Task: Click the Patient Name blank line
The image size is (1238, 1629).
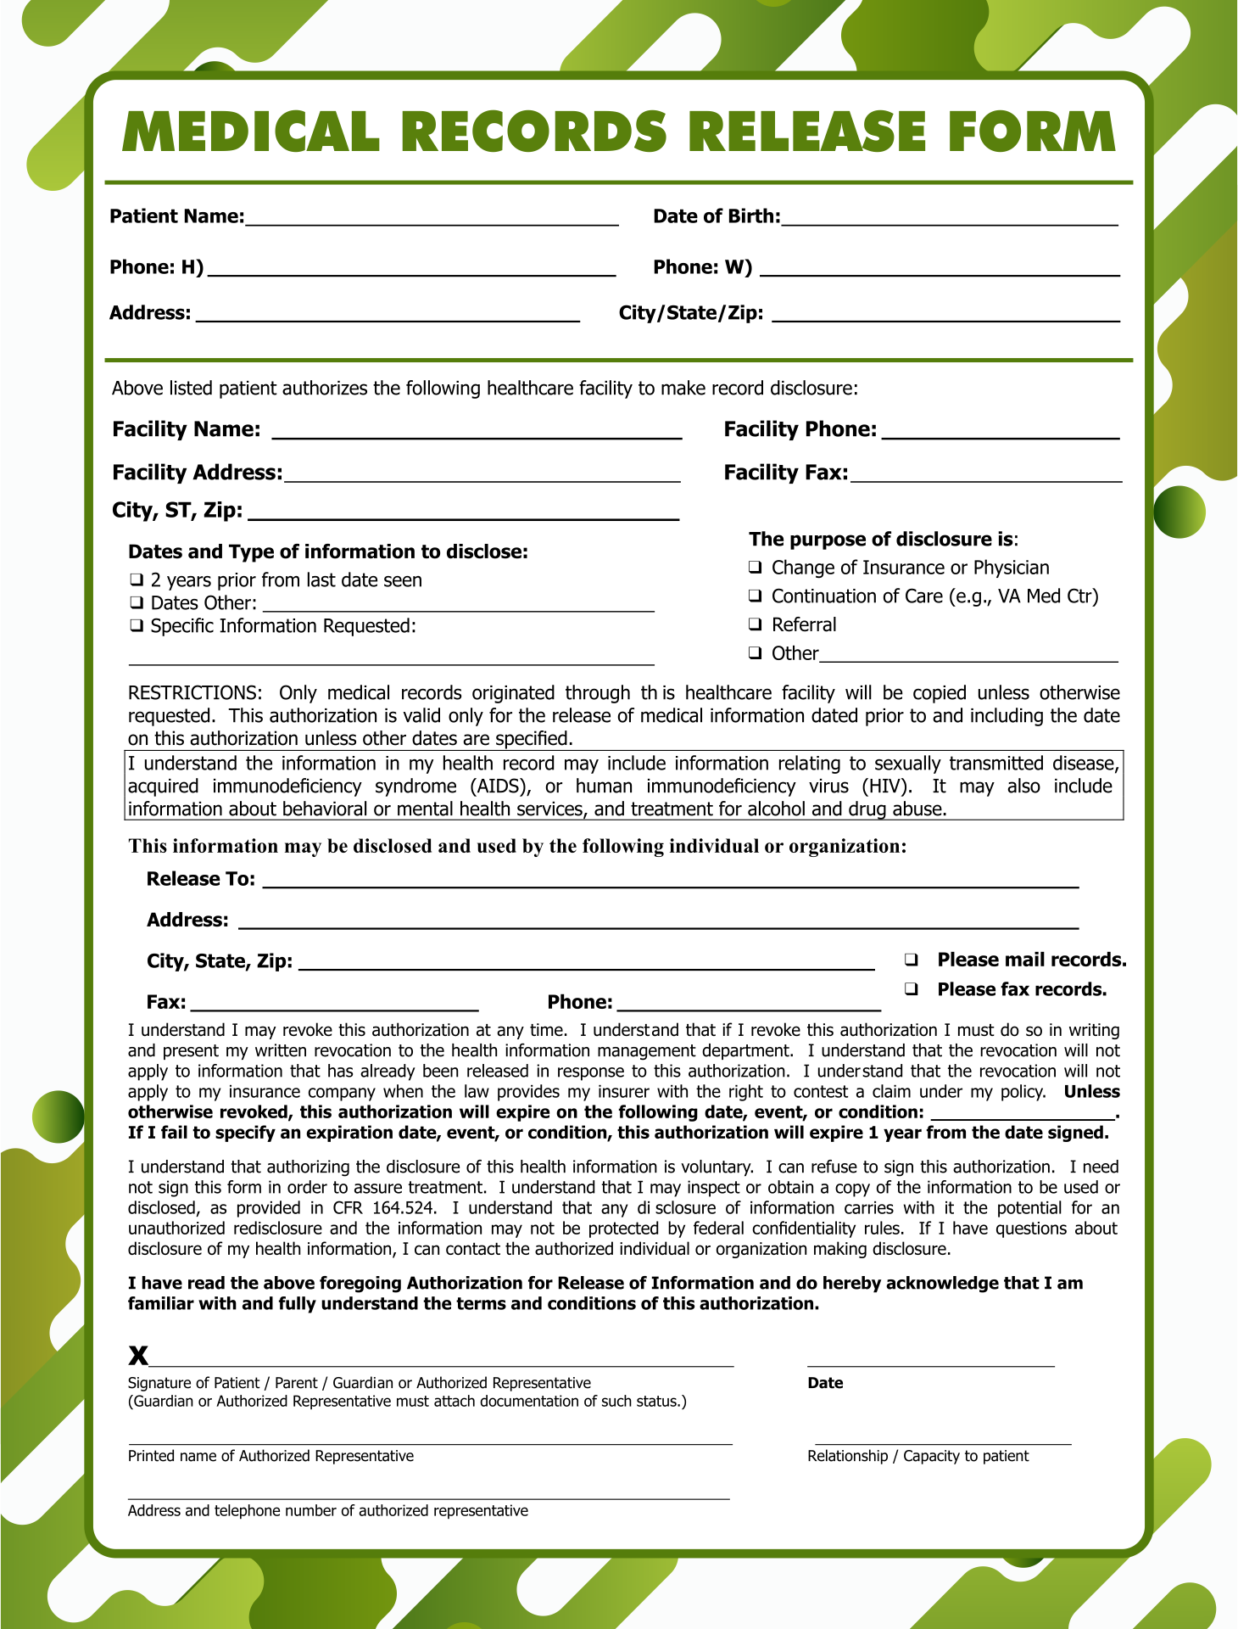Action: [432, 222]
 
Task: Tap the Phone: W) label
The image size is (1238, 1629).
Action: [702, 267]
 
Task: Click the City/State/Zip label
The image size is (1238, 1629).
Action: [690, 313]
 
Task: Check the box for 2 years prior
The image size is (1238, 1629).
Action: [136, 580]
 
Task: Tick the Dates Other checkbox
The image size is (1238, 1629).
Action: [136, 603]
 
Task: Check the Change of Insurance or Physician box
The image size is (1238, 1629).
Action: [755, 568]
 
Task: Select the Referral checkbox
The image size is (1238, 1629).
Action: [755, 624]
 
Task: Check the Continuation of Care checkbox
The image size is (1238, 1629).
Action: [755, 596]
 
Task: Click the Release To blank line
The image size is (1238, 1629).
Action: [670, 884]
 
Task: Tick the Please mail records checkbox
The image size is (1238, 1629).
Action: [912, 960]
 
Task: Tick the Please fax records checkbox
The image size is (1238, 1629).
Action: [912, 989]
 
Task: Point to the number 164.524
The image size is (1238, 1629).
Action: [404, 1208]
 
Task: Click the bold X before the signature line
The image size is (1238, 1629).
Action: [138, 1355]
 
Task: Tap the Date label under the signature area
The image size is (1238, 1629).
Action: [825, 1383]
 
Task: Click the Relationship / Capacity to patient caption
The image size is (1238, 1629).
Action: [917, 1456]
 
